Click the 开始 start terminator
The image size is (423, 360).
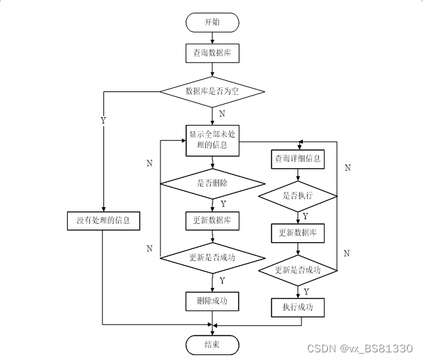211,22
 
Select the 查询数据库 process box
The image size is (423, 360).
211,52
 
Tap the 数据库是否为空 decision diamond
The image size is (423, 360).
212,91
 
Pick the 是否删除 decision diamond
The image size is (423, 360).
212,183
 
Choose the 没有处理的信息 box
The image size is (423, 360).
103,222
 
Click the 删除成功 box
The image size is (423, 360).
212,301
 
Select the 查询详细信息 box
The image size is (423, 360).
298,159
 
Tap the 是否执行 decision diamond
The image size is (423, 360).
298,196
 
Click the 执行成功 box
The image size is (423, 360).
298,307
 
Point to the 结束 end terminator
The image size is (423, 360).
212,345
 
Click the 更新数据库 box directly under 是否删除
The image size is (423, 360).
212,221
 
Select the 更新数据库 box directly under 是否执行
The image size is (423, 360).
298,233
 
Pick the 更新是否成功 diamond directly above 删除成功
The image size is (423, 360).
212,257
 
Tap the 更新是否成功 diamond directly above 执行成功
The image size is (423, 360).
298,270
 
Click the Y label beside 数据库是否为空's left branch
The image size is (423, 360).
103,120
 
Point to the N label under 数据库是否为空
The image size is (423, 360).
222,113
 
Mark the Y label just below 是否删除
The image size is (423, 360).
223,204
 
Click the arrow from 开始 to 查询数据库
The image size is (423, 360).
211,38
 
